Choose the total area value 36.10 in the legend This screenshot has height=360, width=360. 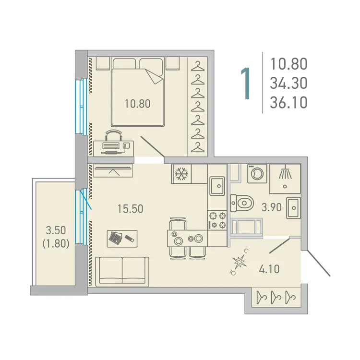click(x=288, y=103)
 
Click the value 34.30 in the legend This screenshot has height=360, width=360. click(x=288, y=84)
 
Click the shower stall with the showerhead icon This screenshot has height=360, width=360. click(x=285, y=176)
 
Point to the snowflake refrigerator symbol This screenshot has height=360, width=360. click(x=181, y=174)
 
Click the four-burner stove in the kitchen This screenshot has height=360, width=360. click(x=216, y=220)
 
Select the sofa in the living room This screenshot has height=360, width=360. click(x=122, y=271)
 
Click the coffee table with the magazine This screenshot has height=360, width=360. click(x=122, y=238)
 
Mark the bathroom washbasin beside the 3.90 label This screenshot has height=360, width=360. click(x=293, y=207)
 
